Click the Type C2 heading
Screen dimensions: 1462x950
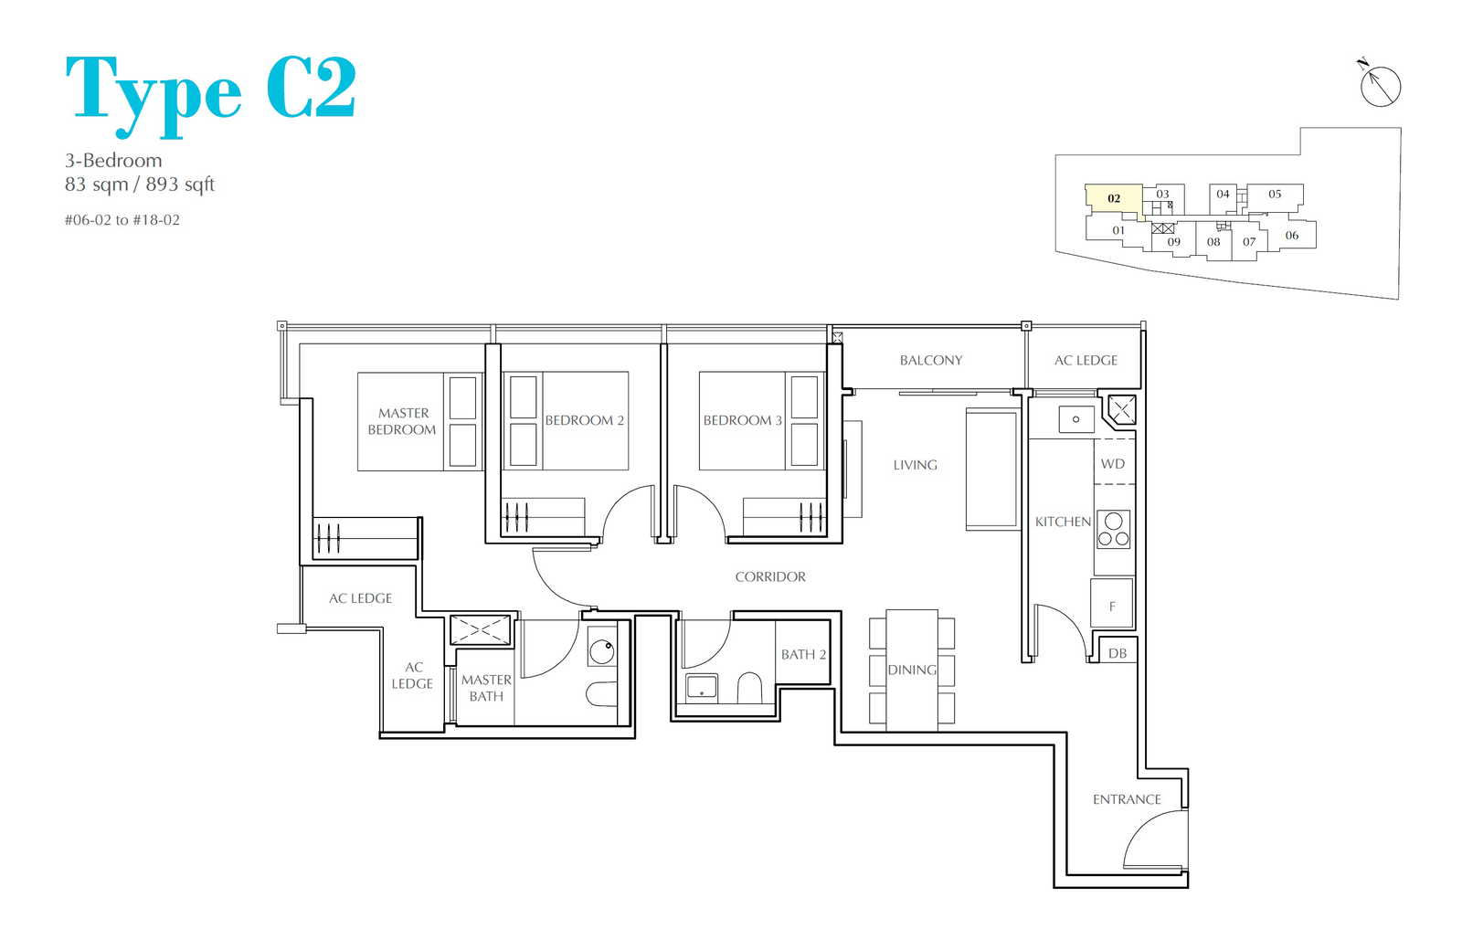coord(211,94)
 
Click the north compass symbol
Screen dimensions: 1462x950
coord(1380,86)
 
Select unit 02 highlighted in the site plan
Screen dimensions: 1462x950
coord(1114,198)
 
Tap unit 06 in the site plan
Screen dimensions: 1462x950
coord(1292,235)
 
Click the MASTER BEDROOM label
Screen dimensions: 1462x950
coord(402,421)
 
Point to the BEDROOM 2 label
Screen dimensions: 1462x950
coord(584,420)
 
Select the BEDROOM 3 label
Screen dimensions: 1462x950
coord(742,420)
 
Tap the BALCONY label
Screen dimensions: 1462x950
coord(931,360)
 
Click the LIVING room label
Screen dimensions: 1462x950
coord(915,465)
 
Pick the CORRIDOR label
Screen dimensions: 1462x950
coord(770,576)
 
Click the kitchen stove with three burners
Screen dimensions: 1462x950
coord(1114,529)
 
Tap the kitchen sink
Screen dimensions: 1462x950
coord(1076,419)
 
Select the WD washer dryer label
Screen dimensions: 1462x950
coord(1113,464)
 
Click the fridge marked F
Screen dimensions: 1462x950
coord(1112,604)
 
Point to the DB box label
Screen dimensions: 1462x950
coord(1118,653)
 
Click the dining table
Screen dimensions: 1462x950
coord(912,670)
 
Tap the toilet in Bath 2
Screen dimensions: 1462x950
coord(750,688)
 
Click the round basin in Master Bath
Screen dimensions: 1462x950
coord(602,651)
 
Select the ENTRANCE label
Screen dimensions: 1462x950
coord(1127,799)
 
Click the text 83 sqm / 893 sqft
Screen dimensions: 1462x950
coord(140,185)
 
